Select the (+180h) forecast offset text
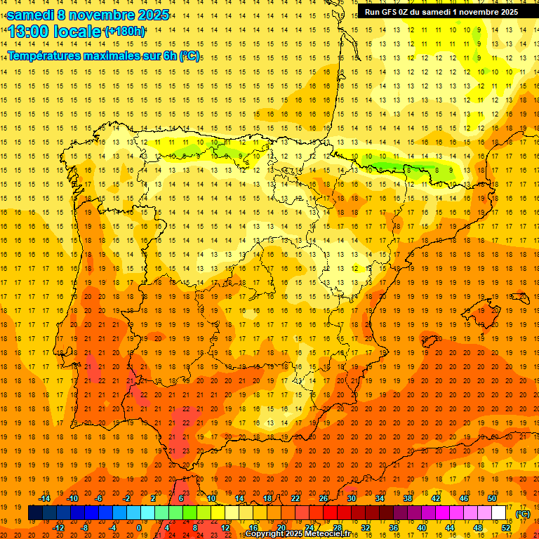click(x=125, y=32)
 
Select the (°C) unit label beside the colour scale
click(x=523, y=514)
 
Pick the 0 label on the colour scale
click(x=139, y=528)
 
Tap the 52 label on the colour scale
click(x=506, y=528)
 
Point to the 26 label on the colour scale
click(x=324, y=498)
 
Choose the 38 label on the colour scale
click(x=408, y=498)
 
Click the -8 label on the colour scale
click(x=85, y=528)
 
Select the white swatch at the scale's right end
click(x=499, y=513)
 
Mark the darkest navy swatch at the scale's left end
click(x=35, y=513)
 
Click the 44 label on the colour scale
click(x=450, y=528)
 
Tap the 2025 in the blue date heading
click(x=152, y=15)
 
